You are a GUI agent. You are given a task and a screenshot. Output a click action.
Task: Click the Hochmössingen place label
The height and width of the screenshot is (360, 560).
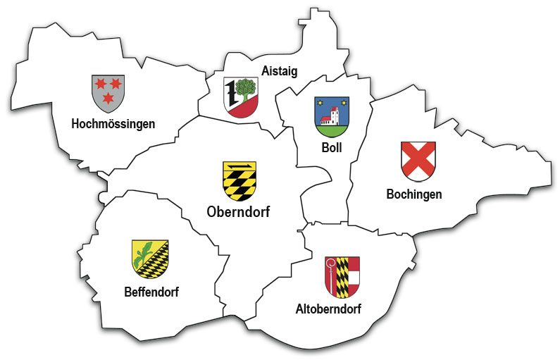[113, 124]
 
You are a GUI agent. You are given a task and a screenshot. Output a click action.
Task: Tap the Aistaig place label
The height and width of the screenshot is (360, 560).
[280, 70]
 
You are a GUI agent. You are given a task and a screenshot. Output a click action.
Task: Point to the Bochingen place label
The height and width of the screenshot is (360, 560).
[414, 194]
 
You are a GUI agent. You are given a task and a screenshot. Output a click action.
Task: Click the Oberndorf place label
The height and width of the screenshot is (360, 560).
[239, 211]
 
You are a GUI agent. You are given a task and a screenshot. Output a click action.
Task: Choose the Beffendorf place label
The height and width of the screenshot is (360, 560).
[150, 292]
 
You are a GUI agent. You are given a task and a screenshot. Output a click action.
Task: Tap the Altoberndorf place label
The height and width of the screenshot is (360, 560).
[329, 308]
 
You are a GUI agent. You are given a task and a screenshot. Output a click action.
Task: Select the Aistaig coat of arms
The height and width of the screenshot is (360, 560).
[240, 97]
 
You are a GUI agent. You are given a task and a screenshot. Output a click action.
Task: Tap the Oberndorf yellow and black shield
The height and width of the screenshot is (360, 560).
[239, 180]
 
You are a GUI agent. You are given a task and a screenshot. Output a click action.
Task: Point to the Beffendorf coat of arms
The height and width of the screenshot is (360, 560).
[150, 259]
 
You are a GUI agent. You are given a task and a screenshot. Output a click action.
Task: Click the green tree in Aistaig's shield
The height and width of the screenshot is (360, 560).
[246, 89]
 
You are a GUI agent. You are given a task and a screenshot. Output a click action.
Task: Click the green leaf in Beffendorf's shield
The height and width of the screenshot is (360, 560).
[144, 250]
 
